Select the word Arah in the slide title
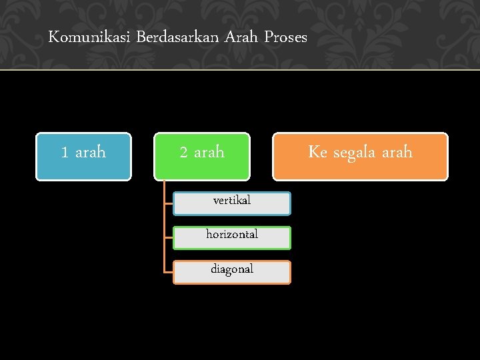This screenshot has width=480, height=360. [x=241, y=37]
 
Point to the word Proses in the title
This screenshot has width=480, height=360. [x=285, y=37]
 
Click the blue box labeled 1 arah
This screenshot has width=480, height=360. [x=83, y=157]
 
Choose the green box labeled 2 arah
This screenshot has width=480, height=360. [x=202, y=157]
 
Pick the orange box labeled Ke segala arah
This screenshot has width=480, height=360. [x=360, y=157]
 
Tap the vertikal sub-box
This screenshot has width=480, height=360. [x=232, y=203]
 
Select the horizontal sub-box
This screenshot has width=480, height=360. [x=232, y=238]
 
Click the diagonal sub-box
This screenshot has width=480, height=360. [x=232, y=272]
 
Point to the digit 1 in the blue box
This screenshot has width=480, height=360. [x=65, y=153]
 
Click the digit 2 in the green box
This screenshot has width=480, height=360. [x=184, y=153]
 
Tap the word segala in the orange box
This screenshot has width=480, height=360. [x=355, y=153]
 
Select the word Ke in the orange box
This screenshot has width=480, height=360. [x=317, y=152]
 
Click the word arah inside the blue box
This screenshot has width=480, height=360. [x=90, y=153]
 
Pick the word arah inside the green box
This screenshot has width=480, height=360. [x=209, y=153]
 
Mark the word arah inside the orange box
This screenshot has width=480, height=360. [x=397, y=153]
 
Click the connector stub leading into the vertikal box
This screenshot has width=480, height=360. [x=169, y=203]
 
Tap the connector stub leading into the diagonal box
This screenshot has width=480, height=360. [x=169, y=272]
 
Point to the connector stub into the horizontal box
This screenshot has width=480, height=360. [x=169, y=238]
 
